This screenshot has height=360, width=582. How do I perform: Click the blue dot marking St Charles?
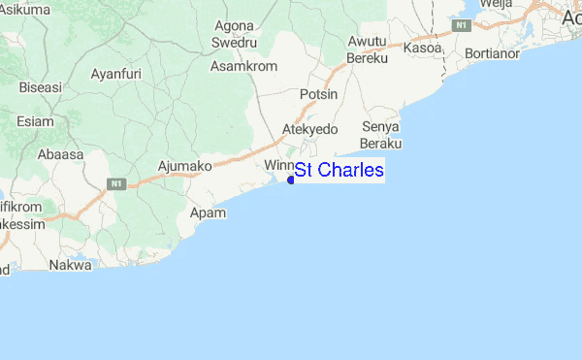[x=291, y=179]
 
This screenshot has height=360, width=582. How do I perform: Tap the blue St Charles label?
[x=339, y=171]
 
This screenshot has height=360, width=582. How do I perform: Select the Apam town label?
[x=208, y=212]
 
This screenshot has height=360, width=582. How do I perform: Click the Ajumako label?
[x=184, y=166]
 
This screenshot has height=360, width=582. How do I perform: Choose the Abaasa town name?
[x=61, y=153]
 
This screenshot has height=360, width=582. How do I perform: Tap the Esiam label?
[x=35, y=121]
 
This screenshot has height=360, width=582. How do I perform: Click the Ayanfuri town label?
[x=115, y=74]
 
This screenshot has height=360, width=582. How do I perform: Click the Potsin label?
[x=319, y=94]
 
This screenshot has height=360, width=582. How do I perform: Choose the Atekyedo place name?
[x=308, y=129]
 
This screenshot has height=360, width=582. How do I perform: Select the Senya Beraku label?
[x=381, y=135]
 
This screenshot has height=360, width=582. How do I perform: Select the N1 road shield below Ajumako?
[x=116, y=182]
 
